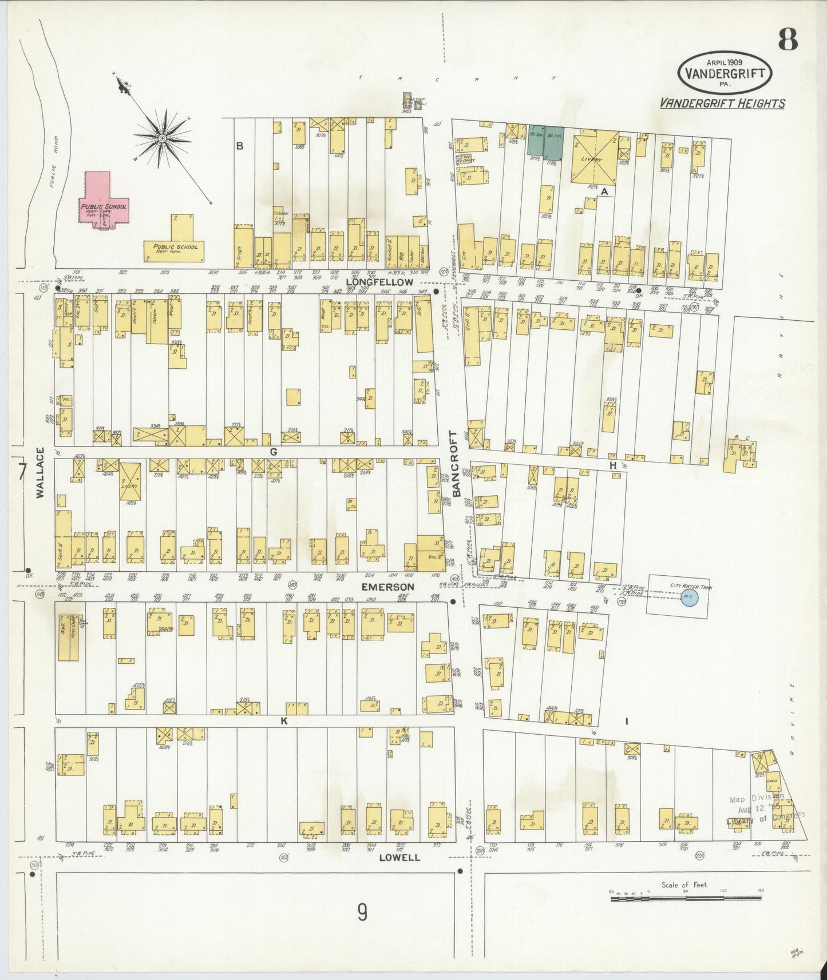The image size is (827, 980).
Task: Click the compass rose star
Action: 162,137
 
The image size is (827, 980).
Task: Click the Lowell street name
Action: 399,857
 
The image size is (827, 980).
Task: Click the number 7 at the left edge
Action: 22,472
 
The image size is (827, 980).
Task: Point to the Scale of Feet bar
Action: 687,899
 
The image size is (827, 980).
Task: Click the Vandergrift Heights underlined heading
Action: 722,103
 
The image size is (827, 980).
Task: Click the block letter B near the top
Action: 240,146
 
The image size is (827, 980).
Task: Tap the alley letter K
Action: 283,721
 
